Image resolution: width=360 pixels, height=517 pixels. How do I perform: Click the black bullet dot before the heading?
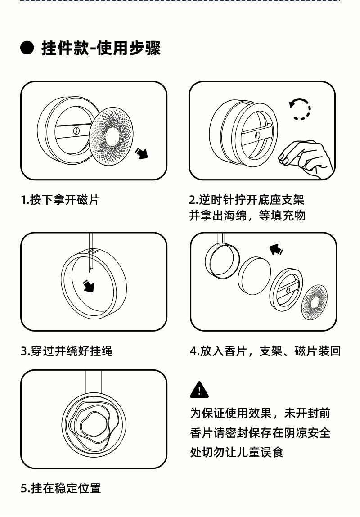click(x=27, y=48)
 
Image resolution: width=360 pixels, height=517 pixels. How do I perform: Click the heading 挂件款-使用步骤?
click(x=101, y=48)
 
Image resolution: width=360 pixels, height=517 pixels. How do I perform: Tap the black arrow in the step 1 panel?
click(x=142, y=153)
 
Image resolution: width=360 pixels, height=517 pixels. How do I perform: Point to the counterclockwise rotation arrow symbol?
click(x=300, y=109)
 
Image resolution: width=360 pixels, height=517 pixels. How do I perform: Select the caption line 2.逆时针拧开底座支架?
click(x=247, y=200)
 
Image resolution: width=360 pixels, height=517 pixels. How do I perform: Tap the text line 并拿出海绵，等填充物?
click(x=247, y=216)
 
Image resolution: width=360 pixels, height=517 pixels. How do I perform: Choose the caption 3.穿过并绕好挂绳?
click(x=67, y=351)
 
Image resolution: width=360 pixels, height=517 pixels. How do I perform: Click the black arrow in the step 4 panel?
click(x=276, y=249)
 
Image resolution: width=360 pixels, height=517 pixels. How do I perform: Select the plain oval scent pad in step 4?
click(x=254, y=276)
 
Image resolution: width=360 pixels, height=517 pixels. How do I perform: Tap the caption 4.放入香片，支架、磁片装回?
click(x=265, y=351)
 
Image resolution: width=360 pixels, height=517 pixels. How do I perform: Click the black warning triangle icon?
click(x=199, y=390)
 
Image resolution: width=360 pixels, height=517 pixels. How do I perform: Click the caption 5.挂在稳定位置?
click(x=61, y=488)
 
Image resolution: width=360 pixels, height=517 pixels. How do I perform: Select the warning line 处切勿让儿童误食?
click(x=237, y=452)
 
